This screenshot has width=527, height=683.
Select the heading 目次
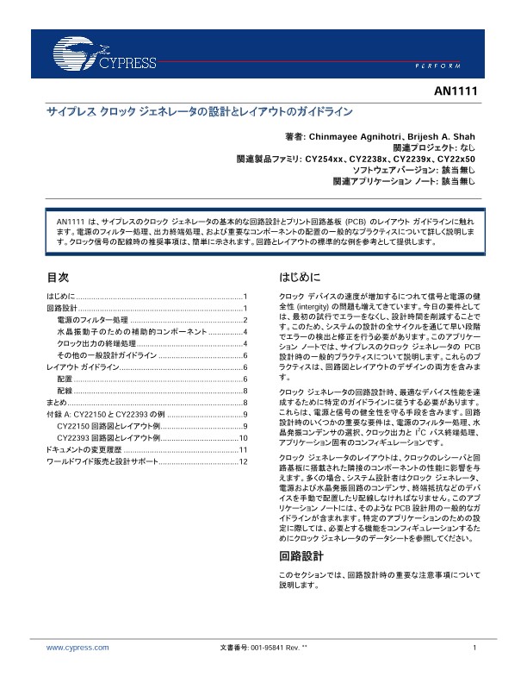coord(57,278)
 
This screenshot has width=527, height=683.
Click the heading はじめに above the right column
coord(300,278)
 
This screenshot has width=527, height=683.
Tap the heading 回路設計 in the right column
coord(299,555)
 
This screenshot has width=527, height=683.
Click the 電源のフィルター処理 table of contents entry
coord(92,320)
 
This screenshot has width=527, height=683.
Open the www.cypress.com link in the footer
coord(77,647)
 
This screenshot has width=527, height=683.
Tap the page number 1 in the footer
coord(474,647)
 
